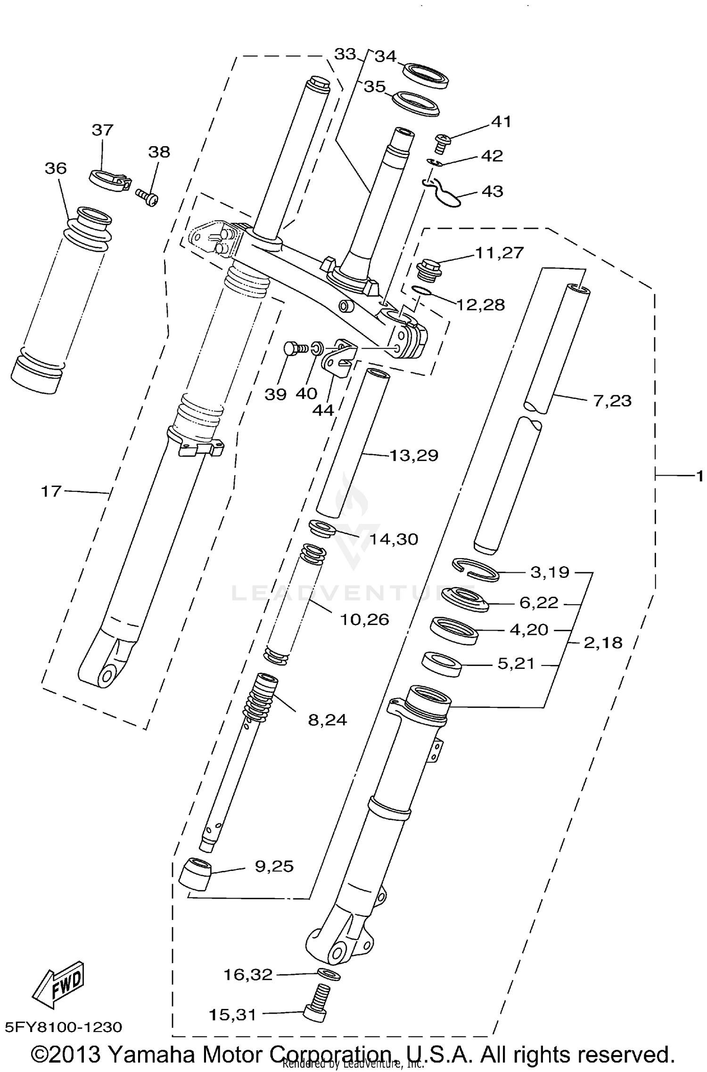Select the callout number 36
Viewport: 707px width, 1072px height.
[x=56, y=168]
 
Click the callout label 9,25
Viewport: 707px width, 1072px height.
[x=274, y=866]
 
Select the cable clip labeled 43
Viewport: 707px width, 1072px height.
[x=444, y=195]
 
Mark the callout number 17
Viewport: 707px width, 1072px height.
[x=51, y=491]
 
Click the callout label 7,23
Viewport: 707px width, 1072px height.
[x=612, y=401]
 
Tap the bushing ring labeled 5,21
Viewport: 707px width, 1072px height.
[x=441, y=664]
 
